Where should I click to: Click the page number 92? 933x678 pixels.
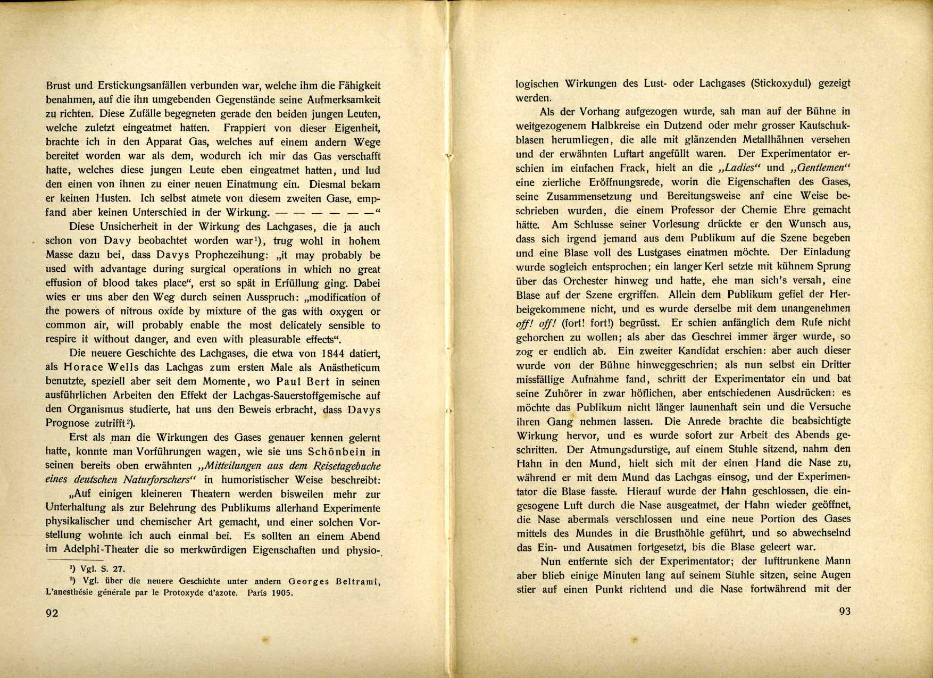52,613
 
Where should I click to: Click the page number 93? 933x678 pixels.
844,611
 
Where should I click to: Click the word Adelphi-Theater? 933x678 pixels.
98,550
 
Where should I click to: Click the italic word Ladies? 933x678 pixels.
739,168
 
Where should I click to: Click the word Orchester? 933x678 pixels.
577,281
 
